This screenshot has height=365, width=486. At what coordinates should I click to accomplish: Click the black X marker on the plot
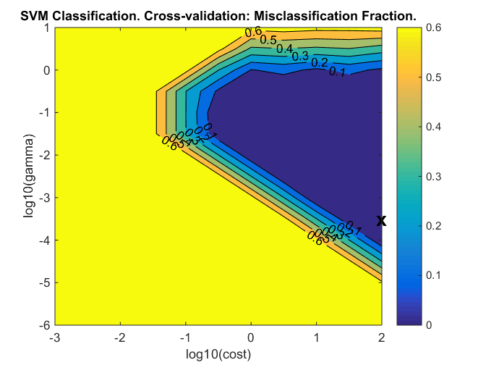[x=381, y=221]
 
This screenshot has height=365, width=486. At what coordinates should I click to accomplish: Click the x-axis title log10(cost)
[x=217, y=353]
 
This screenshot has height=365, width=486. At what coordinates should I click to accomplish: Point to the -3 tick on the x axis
[x=53, y=337]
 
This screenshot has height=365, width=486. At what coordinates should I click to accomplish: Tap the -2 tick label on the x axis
[x=119, y=337]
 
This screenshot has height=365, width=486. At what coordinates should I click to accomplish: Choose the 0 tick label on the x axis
[x=250, y=337]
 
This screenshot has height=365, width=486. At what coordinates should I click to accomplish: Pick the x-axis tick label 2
[x=382, y=337]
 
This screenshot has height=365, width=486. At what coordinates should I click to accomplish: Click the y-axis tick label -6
[x=42, y=325]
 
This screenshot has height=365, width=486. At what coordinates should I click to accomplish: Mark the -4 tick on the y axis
[x=42, y=240]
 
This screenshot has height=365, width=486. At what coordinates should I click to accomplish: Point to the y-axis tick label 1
[x=45, y=28]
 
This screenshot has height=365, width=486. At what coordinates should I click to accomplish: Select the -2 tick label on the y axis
[x=42, y=156]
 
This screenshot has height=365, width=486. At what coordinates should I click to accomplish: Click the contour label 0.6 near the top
[x=252, y=33]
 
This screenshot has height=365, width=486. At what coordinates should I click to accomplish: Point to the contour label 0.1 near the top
[x=337, y=71]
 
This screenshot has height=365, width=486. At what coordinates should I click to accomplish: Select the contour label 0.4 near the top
[x=285, y=49]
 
